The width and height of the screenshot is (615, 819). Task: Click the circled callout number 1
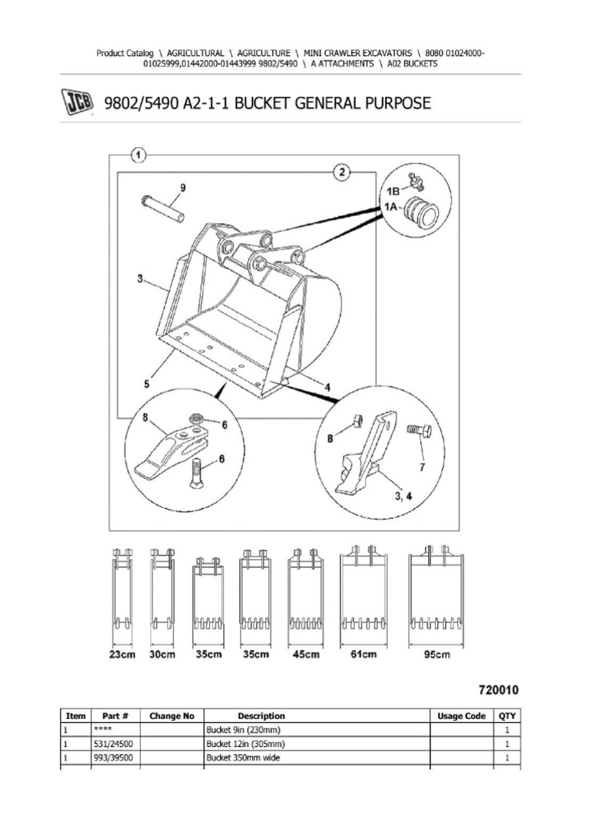tap(138, 154)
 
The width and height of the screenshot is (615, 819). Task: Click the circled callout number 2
tap(342, 172)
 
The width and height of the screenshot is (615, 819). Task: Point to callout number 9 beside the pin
tap(182, 188)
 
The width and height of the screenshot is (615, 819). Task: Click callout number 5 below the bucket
tap(147, 384)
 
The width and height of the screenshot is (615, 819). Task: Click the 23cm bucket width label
tap(122, 655)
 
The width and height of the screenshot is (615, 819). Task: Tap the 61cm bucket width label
tap(362, 655)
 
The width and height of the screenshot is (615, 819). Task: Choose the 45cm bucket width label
tap(305, 655)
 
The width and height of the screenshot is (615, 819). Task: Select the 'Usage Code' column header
tap(463, 716)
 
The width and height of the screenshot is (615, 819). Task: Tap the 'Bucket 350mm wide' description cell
tap(242, 757)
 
